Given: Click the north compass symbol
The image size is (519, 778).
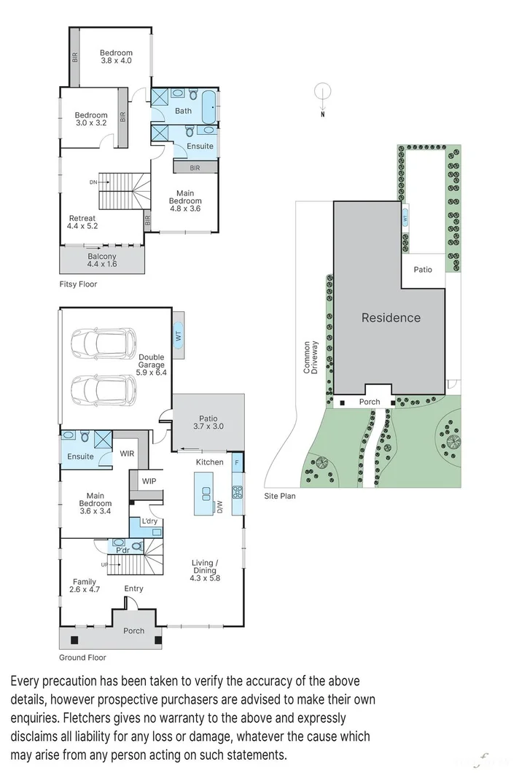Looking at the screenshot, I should point(322,93).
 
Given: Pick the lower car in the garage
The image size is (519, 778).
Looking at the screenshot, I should point(105,389).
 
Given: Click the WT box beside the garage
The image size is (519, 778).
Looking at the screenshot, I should point(177,335).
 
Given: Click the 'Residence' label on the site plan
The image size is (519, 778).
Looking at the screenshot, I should point(391,317).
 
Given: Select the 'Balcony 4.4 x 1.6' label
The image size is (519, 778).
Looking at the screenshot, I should point(102,261).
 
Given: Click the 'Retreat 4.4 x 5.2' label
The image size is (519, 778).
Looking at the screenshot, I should point(82,222).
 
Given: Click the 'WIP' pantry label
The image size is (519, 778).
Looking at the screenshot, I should point(149,481).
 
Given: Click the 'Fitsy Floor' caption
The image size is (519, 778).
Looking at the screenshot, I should point(78,284).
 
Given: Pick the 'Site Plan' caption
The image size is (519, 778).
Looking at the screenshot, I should point(280,495).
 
